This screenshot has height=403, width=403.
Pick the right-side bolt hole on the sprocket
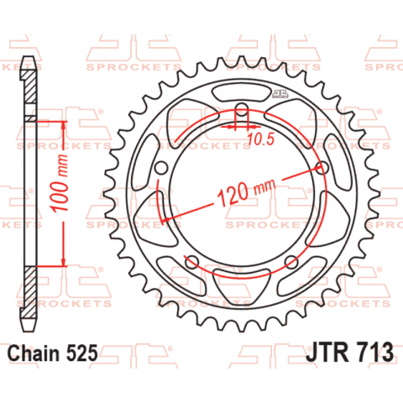[x=319, y=165]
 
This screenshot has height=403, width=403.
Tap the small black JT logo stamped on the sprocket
[x=281, y=97]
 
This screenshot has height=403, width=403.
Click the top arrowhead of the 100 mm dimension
[x=62, y=124]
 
